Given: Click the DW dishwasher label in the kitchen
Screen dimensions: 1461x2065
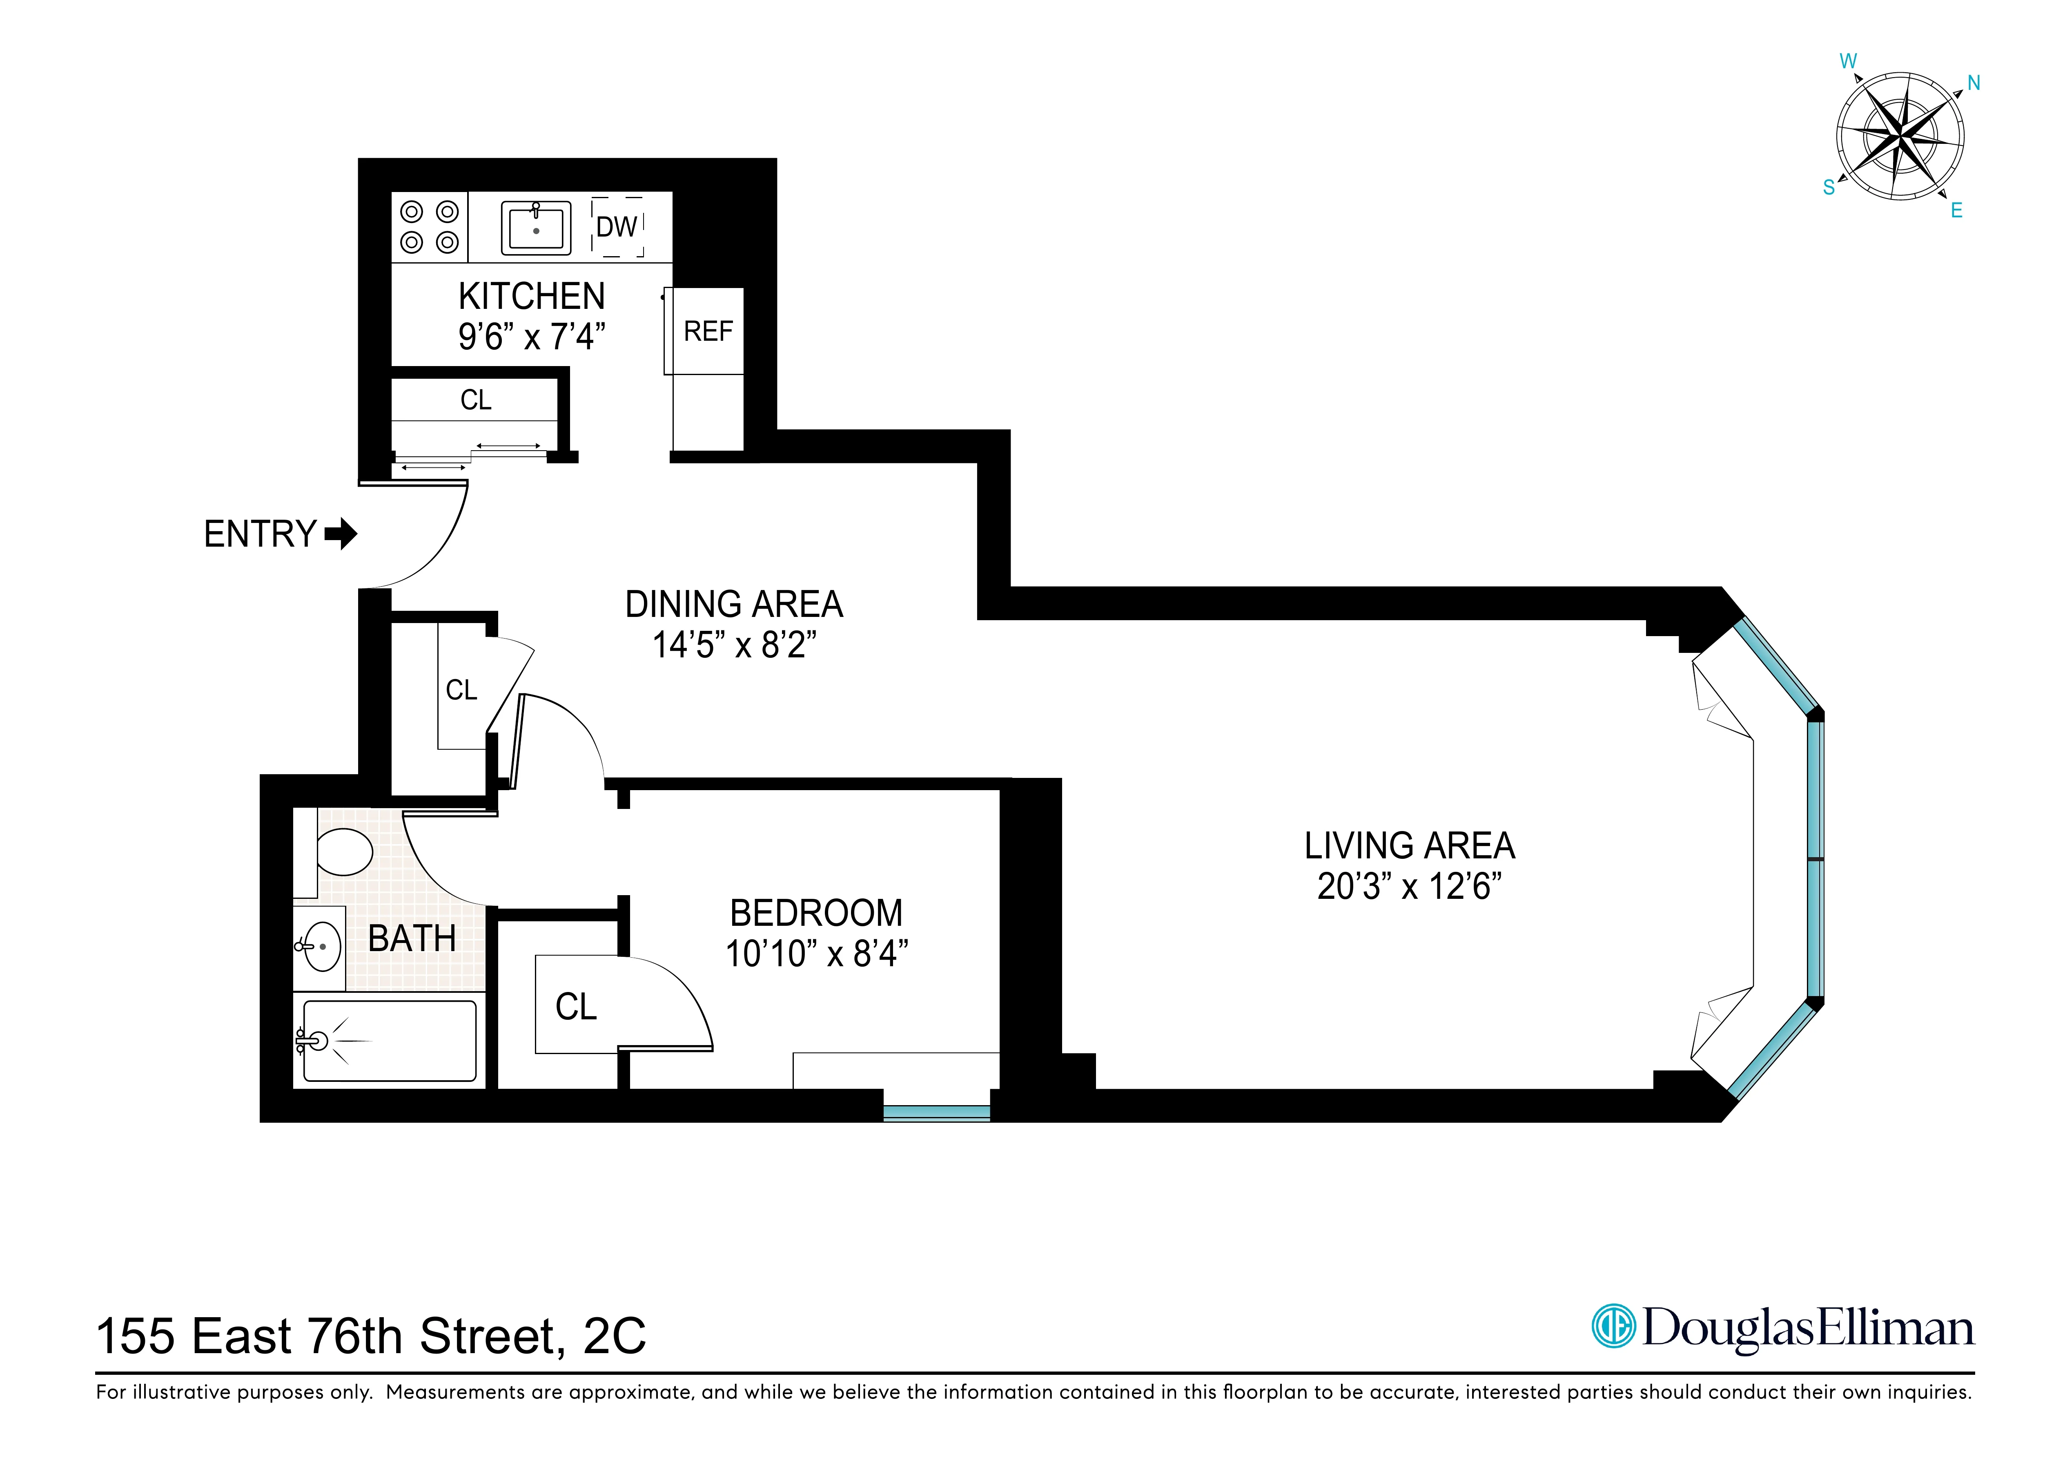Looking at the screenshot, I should pyautogui.click(x=617, y=227).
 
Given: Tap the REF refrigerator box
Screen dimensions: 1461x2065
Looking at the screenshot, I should pyautogui.click(x=708, y=331).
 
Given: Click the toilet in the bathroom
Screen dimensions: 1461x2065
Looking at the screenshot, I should pyautogui.click(x=345, y=851).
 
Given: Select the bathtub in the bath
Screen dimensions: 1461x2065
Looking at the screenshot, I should pyautogui.click(x=390, y=1041).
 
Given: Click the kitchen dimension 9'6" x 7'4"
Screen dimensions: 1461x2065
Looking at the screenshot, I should pyautogui.click(x=532, y=337).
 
